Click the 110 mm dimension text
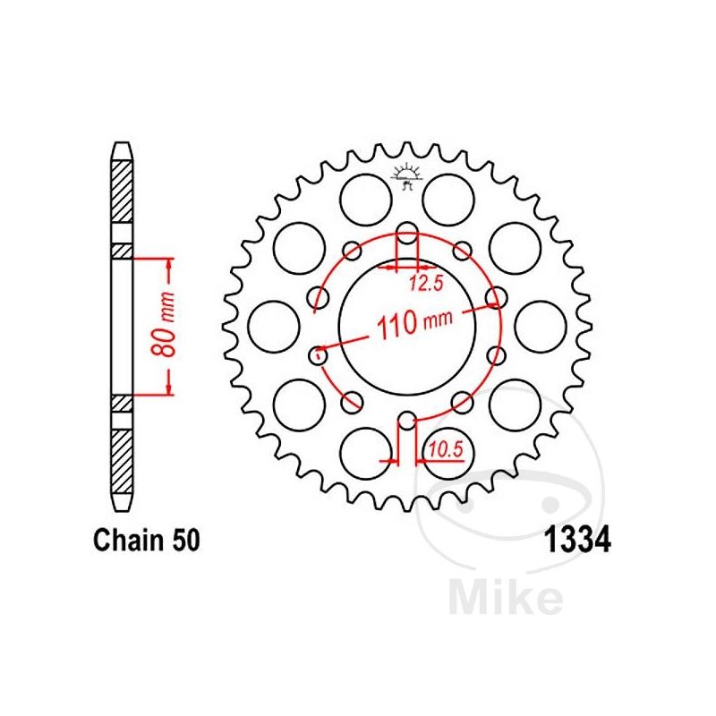point(414,324)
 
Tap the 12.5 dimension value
point(426,284)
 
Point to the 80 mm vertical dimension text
point(164,324)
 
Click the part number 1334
point(577,541)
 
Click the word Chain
point(128,541)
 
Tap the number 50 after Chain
point(186,541)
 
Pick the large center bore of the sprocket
point(407,327)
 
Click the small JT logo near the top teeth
point(405,175)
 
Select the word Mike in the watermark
point(506,596)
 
